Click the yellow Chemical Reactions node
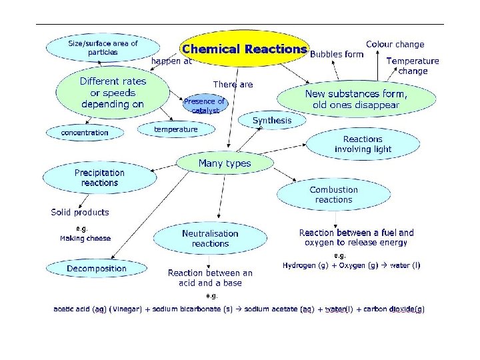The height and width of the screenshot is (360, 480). (243, 49)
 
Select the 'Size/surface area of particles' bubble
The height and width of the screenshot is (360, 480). (103, 48)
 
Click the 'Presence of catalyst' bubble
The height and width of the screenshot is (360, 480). (205, 105)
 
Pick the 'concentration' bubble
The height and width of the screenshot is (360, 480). (85, 133)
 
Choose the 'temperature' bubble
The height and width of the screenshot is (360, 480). (176, 129)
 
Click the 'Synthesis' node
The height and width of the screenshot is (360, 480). (272, 121)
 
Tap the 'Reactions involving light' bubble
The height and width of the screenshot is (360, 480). (363, 144)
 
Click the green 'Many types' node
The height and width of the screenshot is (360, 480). (225, 163)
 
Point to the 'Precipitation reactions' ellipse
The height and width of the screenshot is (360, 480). (99, 177)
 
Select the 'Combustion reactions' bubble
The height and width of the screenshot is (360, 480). (333, 194)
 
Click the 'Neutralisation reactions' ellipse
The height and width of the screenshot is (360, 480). (210, 239)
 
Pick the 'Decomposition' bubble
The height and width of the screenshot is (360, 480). (97, 269)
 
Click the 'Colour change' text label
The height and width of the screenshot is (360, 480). (395, 45)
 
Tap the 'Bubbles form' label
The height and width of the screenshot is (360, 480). (337, 54)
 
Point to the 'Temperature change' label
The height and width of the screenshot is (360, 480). (413, 65)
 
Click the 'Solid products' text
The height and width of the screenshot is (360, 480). (80, 213)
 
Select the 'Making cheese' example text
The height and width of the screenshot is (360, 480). (85, 238)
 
